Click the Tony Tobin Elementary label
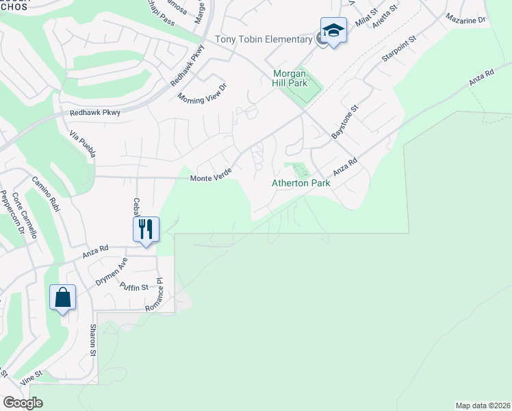(x=264, y=39)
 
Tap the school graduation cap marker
(x=333, y=32)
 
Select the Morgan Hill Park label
(x=290, y=78)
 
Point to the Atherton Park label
(x=301, y=183)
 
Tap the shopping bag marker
(x=62, y=297)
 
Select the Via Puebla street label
(x=81, y=143)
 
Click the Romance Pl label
(x=153, y=295)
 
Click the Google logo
(x=23, y=402)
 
